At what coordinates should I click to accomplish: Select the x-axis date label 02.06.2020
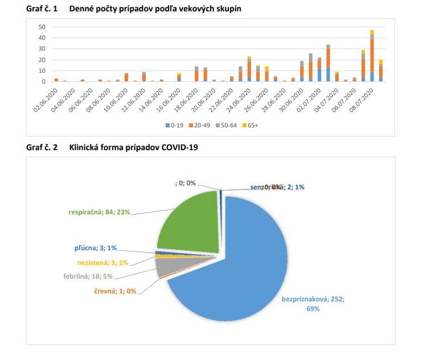pyautogui.click(x=45, y=98)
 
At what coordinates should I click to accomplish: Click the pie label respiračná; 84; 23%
pyautogui.click(x=99, y=212)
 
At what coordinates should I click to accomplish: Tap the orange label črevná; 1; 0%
pyautogui.click(x=116, y=291)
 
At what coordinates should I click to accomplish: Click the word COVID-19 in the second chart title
pyautogui.click(x=183, y=148)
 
